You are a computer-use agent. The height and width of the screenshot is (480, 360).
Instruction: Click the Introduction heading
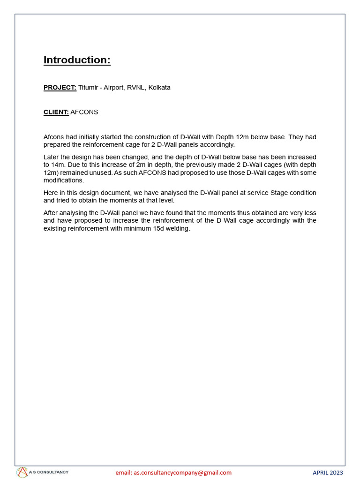pos(77,60)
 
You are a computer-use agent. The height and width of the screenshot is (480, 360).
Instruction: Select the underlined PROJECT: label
pos(60,88)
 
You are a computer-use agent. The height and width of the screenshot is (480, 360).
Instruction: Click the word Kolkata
pos(159,88)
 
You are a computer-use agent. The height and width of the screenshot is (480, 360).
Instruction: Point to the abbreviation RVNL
pos(136,88)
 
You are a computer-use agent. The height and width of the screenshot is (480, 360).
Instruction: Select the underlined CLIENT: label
pos(56,112)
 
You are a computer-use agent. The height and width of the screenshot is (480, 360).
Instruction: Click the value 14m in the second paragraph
pos(57,165)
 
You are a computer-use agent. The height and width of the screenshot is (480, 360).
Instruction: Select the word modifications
pos(63,180)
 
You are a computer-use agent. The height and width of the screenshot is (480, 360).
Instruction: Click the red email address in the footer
pos(173,472)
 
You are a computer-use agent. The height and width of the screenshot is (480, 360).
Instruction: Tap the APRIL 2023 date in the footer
pos(328,472)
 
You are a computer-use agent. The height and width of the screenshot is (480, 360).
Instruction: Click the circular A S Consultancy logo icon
pos(22,472)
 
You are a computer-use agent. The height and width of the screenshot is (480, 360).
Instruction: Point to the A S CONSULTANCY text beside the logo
pos(49,472)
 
